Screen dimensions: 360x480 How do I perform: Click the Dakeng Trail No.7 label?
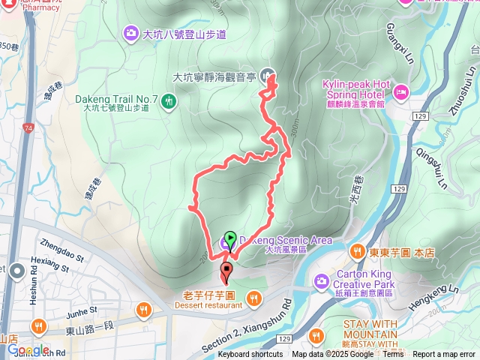[116, 99]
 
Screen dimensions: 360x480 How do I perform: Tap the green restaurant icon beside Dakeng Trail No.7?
[170, 100]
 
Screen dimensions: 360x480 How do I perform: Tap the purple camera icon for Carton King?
[322, 280]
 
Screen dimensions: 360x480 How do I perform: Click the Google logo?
[28, 350]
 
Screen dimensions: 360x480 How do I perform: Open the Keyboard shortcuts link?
[250, 355]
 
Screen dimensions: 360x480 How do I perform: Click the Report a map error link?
[443, 355]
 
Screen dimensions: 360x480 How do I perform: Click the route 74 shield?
[28, 129]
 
